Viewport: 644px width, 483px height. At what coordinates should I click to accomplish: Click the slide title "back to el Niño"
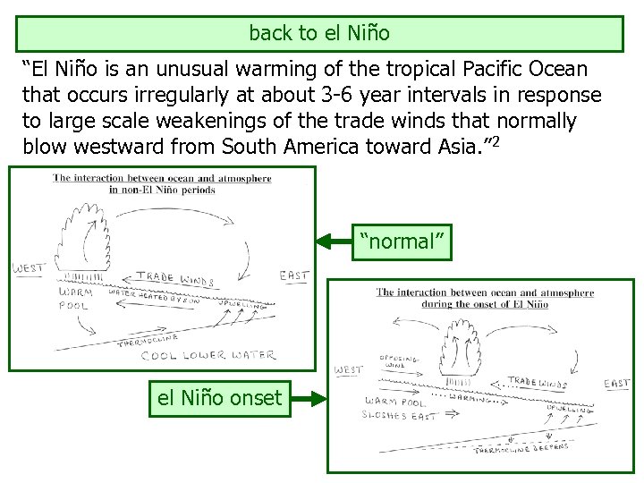319,33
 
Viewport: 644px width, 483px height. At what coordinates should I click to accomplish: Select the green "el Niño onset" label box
219,398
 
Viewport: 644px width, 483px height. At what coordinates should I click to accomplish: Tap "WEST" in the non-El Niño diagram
29,268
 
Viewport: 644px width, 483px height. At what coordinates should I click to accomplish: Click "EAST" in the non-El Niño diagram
293,275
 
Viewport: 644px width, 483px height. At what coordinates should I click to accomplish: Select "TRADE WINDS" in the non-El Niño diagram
171,279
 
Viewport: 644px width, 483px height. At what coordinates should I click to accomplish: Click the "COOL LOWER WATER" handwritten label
207,355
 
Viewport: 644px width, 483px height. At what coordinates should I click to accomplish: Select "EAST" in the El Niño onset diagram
616,384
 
